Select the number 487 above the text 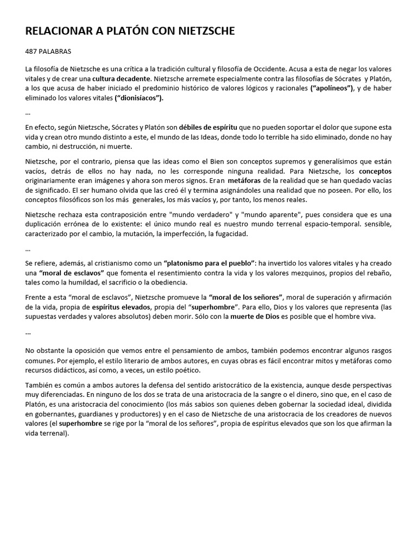click(x=33, y=52)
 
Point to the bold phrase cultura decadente click(x=122, y=79)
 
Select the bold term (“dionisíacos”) click(x=130, y=98)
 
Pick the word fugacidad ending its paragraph click(x=231, y=235)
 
